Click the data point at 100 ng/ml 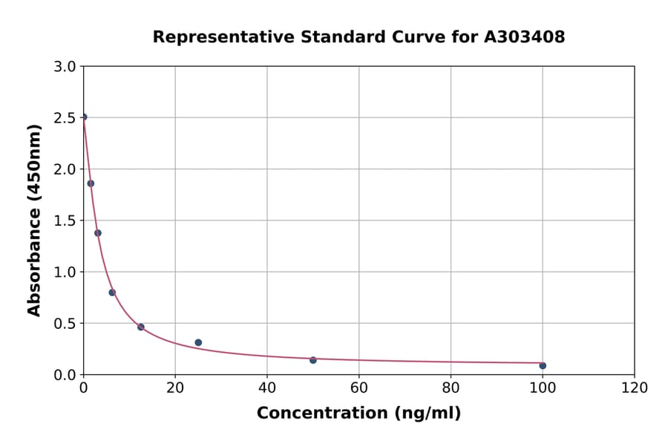click(x=543, y=365)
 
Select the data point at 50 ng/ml click(x=313, y=360)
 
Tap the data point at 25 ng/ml click(x=198, y=342)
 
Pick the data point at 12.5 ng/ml click(x=141, y=327)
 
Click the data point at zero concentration click(x=84, y=117)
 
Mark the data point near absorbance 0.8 click(x=112, y=293)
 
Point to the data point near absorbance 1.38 click(x=98, y=233)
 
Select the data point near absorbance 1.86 click(x=91, y=183)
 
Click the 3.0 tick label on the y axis click(x=66, y=67)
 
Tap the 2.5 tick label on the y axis click(x=66, y=118)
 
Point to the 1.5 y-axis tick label click(x=66, y=220)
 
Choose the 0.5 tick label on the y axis click(x=66, y=324)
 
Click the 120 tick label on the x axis click(x=635, y=388)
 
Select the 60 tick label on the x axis click(x=358, y=388)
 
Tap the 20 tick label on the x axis click(x=175, y=388)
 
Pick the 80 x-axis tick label click(x=451, y=388)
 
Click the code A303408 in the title click(x=525, y=37)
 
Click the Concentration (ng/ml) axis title click(x=358, y=414)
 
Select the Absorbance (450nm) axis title click(x=34, y=220)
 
